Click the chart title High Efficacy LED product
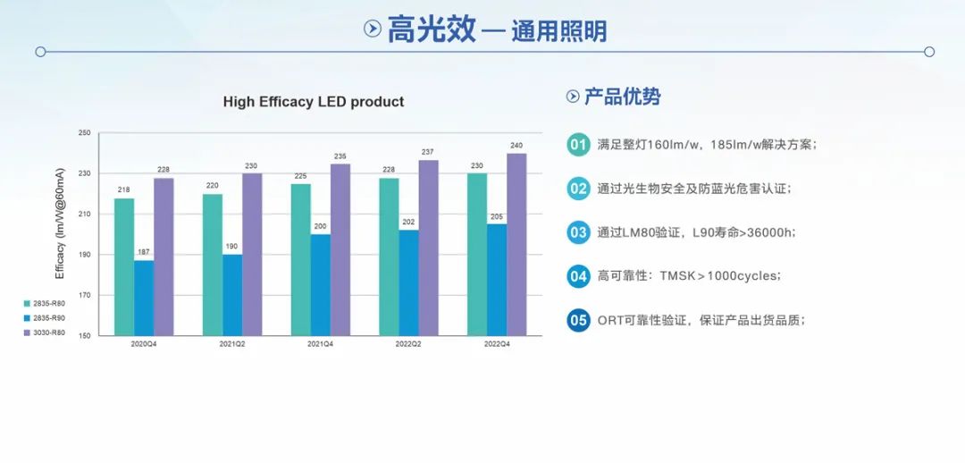point(313,102)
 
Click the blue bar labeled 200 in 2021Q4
point(321,284)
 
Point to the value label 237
point(428,152)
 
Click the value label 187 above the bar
point(144,252)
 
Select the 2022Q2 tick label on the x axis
point(409,344)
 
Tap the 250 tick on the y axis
point(85,133)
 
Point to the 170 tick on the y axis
point(85,295)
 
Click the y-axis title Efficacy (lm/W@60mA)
point(61,234)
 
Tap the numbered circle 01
point(578,144)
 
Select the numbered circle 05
point(578,320)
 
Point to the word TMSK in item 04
point(677,276)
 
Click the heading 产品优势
point(622,97)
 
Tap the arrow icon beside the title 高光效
point(373,29)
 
